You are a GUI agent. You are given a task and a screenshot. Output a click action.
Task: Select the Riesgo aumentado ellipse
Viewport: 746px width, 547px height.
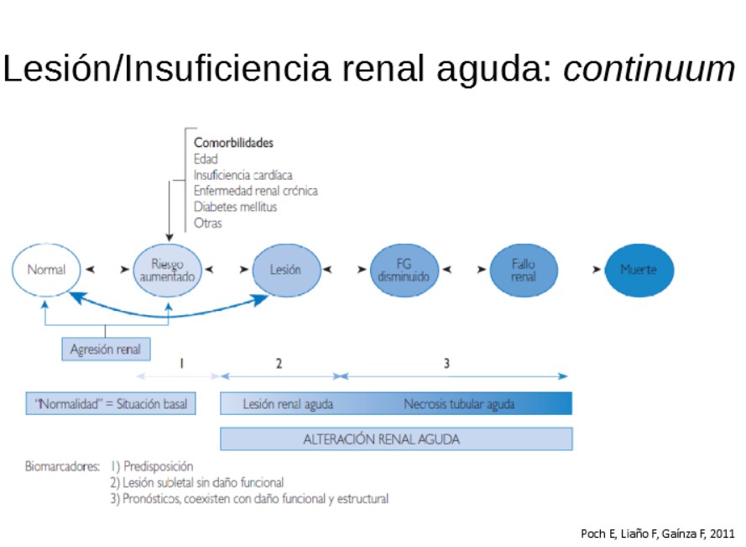click(x=168, y=271)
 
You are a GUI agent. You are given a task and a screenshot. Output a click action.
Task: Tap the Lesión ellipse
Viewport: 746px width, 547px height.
click(x=286, y=271)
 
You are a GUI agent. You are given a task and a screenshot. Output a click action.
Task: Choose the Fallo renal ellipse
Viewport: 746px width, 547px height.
click(x=523, y=271)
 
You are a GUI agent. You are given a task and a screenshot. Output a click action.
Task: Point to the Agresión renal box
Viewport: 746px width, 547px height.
click(x=106, y=349)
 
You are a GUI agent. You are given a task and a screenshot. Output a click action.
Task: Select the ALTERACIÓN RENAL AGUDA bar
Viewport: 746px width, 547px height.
click(x=396, y=439)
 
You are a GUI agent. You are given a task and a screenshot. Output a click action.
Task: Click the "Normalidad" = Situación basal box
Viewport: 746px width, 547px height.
click(x=110, y=404)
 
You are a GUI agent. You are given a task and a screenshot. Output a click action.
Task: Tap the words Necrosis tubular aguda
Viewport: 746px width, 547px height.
click(x=459, y=404)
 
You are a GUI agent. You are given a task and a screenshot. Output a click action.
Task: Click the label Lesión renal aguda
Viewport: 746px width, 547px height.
click(x=288, y=404)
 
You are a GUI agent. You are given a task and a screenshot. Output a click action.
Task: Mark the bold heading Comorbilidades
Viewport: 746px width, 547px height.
click(x=233, y=143)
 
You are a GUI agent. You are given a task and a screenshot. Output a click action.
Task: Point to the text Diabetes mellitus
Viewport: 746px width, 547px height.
click(x=235, y=207)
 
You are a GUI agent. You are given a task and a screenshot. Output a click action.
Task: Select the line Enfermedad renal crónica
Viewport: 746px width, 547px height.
click(x=255, y=191)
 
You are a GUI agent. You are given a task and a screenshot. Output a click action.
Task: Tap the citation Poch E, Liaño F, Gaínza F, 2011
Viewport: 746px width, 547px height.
click(x=657, y=534)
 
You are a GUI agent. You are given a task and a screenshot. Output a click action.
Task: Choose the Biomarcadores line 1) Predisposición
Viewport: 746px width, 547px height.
click(x=152, y=466)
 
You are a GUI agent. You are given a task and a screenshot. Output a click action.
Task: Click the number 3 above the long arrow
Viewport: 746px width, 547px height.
click(x=446, y=363)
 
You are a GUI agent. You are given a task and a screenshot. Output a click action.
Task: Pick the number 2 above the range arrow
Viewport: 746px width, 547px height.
click(x=279, y=363)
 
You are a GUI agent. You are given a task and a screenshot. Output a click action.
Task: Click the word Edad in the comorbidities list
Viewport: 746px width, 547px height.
click(x=206, y=159)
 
